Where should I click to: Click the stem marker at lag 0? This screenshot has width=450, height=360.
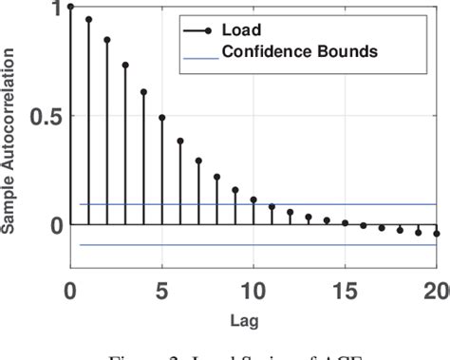point(70,7)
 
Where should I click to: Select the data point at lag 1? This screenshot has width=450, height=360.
point(88,19)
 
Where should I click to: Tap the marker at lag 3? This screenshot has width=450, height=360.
point(125,66)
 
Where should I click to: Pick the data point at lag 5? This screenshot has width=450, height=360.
point(162,118)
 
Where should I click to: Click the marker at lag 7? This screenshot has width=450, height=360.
point(198,161)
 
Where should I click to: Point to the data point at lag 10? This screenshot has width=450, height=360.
point(253,199)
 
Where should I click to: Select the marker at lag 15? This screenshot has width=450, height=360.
point(346,223)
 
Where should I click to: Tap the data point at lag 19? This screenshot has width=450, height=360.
point(419,232)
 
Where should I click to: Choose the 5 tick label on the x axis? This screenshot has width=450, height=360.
point(162,289)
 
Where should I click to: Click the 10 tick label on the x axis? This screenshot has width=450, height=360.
point(253,289)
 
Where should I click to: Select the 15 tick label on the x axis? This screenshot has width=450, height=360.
point(346,289)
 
